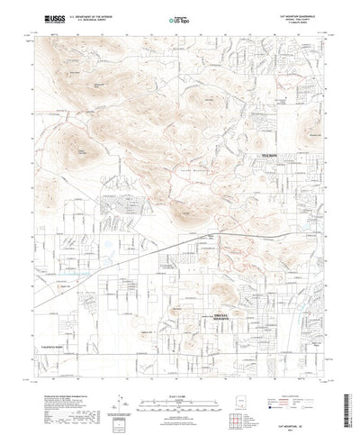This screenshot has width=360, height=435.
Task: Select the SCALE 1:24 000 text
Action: point(179,381)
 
